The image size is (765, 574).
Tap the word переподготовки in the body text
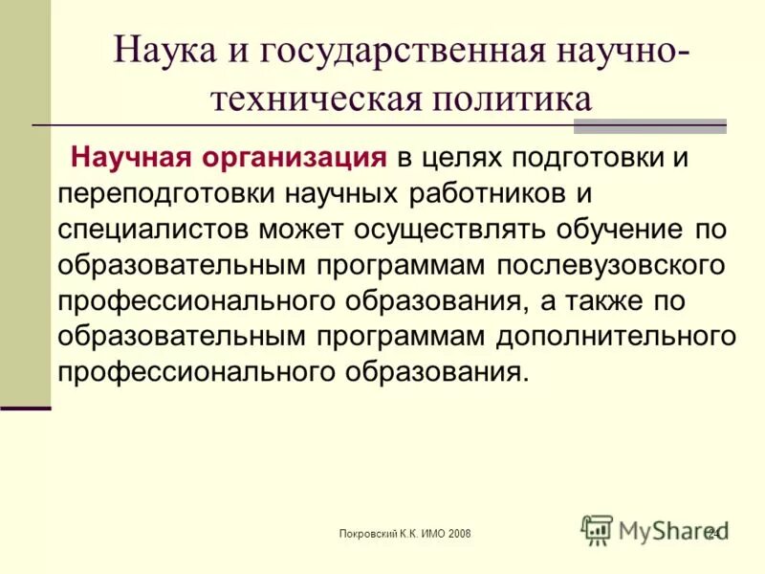click(x=166, y=193)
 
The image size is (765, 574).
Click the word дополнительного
click(x=615, y=337)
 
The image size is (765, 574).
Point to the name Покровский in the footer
click(x=368, y=532)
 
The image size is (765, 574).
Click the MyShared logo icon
click(x=597, y=529)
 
